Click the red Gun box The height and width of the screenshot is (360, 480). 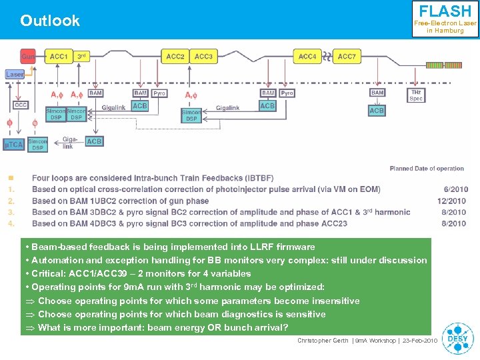[28, 57]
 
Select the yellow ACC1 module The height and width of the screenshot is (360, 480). [59, 57]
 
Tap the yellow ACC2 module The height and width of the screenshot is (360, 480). [175, 57]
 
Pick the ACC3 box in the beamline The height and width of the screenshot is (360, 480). [203, 57]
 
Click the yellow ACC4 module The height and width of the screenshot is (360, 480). [307, 57]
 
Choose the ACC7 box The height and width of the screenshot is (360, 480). [347, 57]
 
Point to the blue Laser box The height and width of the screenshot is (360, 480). [15, 74]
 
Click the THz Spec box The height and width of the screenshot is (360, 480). [416, 95]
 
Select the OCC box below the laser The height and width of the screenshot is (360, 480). [21, 105]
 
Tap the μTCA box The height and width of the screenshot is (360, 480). [14, 144]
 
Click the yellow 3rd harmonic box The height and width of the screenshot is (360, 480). [81, 57]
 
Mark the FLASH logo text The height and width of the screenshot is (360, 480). [445, 11]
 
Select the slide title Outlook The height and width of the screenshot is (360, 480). [50, 21]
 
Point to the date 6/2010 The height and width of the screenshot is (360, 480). [455, 189]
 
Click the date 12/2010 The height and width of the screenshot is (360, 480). [451, 201]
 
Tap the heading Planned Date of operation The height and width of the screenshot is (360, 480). [427, 169]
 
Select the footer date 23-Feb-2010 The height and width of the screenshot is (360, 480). [419, 341]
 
